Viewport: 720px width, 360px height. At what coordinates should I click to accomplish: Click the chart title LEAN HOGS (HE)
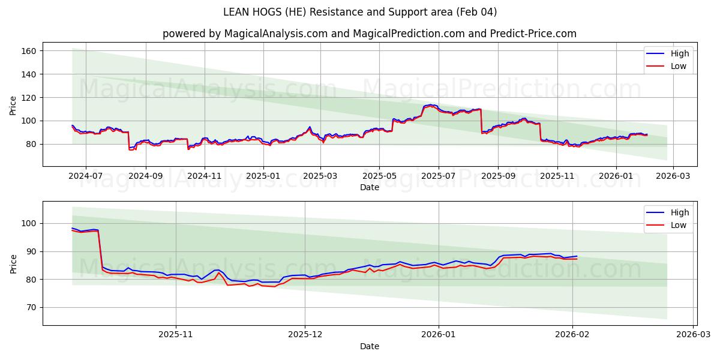tap(360, 12)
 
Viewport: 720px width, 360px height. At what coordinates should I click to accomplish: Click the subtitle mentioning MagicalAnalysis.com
tap(370, 34)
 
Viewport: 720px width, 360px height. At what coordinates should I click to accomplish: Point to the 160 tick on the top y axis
tap(30, 51)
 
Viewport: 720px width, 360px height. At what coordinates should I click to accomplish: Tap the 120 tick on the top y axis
tap(30, 97)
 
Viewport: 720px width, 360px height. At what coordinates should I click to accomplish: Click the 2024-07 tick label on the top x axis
tap(85, 176)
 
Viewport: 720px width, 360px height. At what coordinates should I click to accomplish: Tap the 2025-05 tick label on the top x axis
tap(379, 176)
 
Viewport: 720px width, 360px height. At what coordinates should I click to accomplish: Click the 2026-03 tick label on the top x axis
tap(673, 176)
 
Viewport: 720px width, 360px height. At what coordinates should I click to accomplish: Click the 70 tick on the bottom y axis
tap(32, 307)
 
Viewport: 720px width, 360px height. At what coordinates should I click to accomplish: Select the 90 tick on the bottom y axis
tap(32, 251)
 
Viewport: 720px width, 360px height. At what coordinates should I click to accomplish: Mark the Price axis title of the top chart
tap(13, 105)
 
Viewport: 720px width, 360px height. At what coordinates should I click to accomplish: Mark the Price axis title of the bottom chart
tap(13, 263)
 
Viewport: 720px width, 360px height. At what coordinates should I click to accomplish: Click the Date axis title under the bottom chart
tap(370, 346)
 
